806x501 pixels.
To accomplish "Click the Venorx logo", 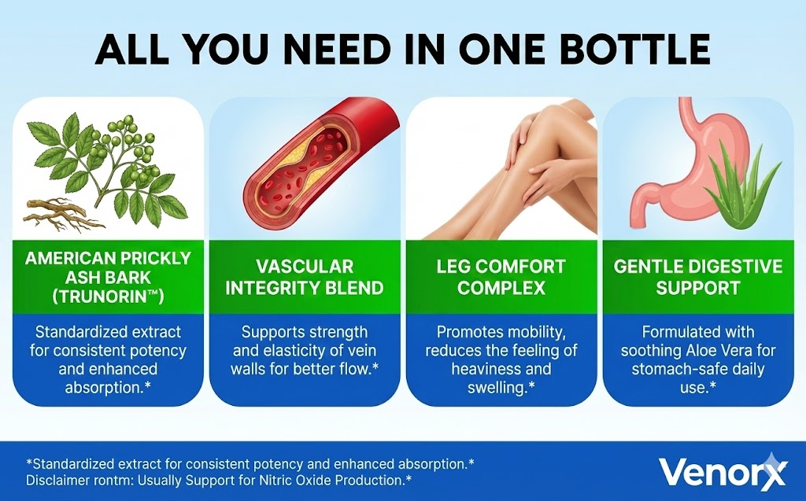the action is pyautogui.click(x=723, y=471).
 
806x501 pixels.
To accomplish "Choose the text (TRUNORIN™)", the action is pyautogui.click(x=108, y=297).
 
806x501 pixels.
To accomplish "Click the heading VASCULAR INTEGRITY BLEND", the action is pyautogui.click(x=305, y=277).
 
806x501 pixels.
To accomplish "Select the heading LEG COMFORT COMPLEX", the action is pyautogui.click(x=501, y=277).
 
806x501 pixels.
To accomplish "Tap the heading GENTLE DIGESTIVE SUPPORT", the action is pyautogui.click(x=697, y=277).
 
